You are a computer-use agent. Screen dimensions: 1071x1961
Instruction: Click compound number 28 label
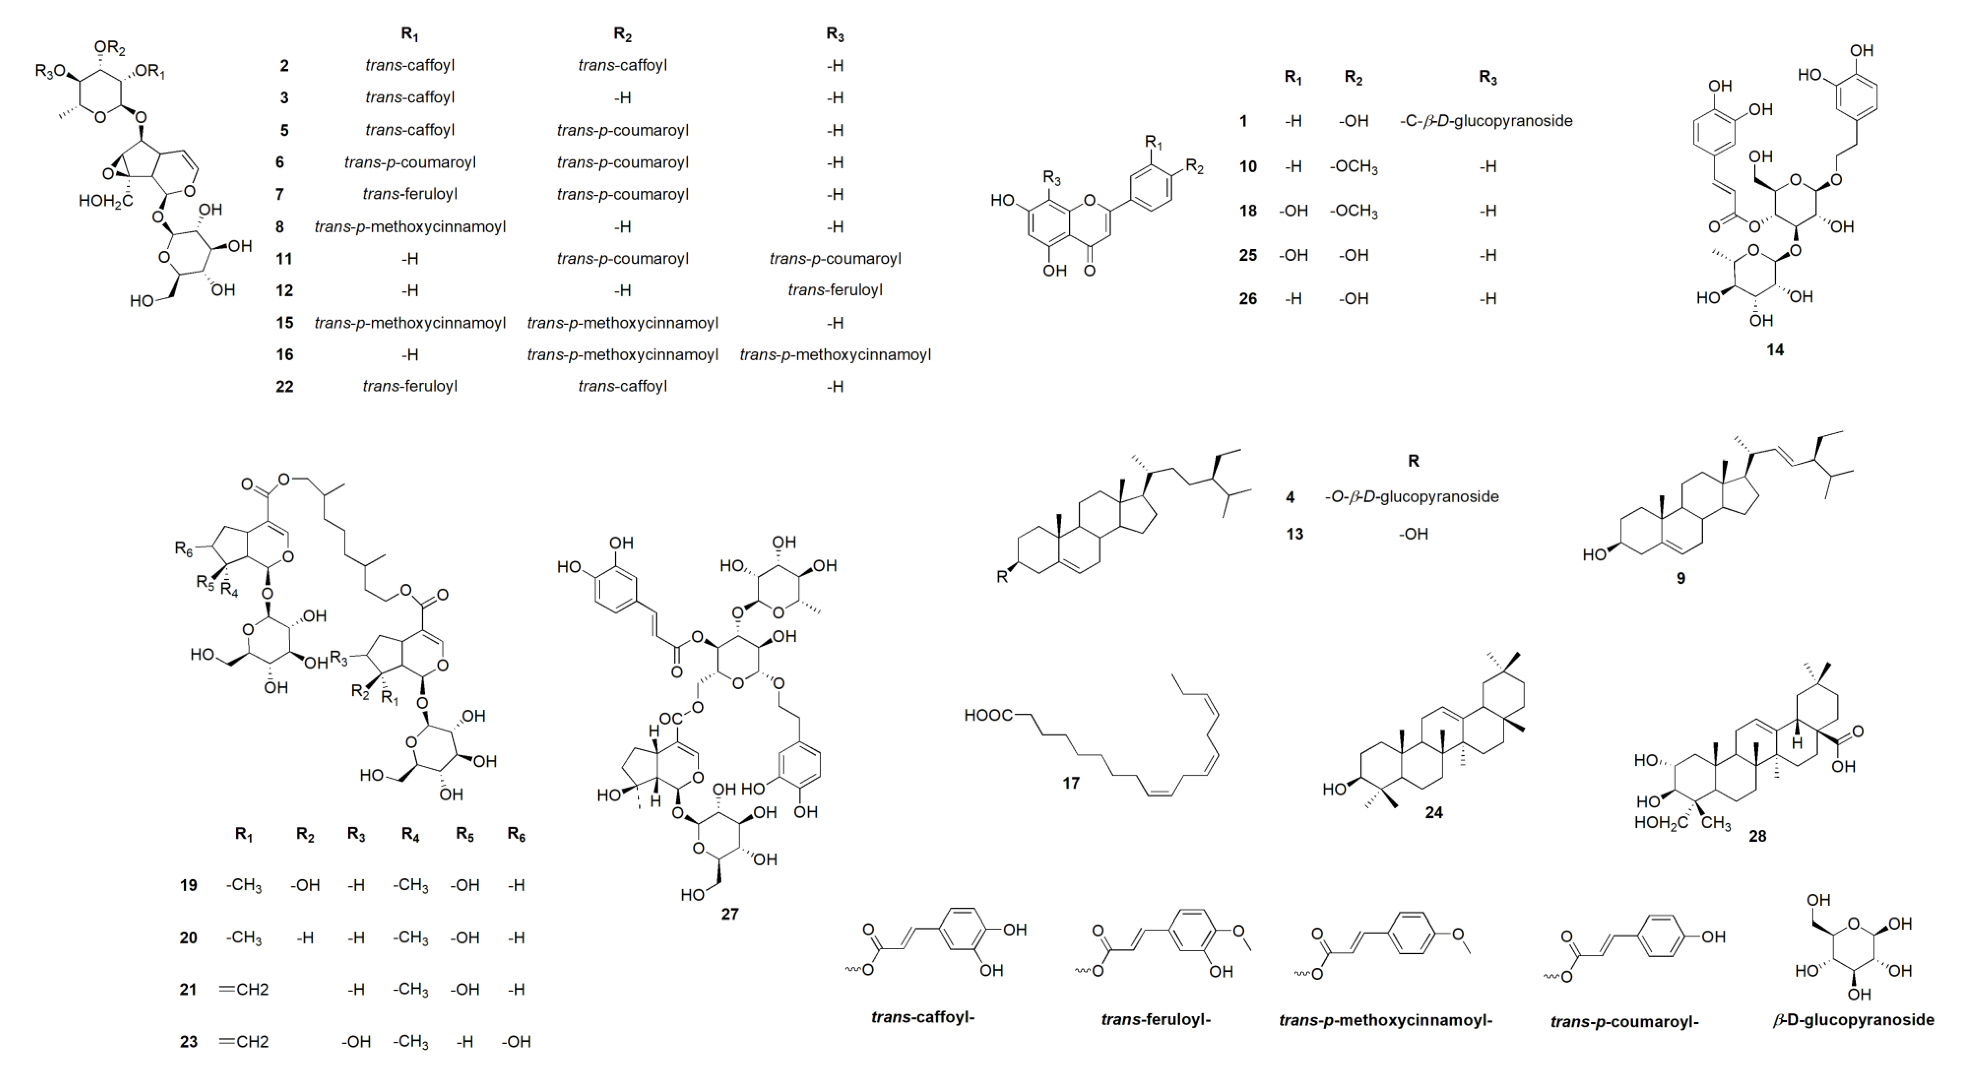click(x=1757, y=836)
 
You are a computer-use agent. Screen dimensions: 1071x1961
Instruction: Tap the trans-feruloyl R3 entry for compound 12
click(x=835, y=290)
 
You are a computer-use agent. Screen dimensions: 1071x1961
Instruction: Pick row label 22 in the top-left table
click(x=284, y=387)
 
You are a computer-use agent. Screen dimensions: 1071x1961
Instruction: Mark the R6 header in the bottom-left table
click(x=516, y=835)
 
